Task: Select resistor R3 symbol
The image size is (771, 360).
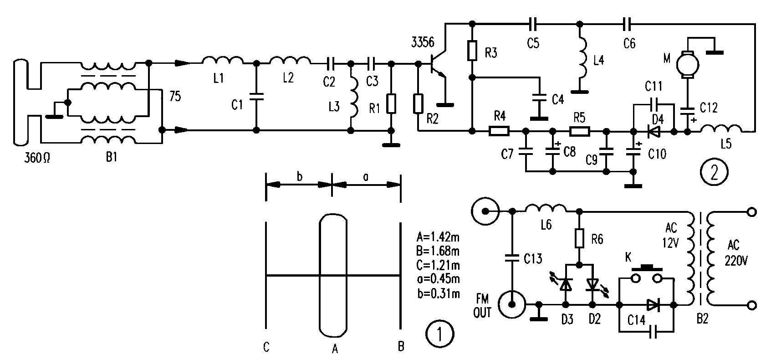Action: (x=472, y=51)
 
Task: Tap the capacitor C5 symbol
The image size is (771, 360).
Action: (x=533, y=22)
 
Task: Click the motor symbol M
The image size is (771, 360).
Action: (x=684, y=63)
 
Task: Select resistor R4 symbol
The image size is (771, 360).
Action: (x=499, y=132)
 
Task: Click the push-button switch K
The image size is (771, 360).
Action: (x=646, y=276)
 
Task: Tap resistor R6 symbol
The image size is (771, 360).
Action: (x=580, y=238)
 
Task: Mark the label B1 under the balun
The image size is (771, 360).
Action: (x=111, y=158)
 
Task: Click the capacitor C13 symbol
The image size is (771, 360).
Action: (x=511, y=258)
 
